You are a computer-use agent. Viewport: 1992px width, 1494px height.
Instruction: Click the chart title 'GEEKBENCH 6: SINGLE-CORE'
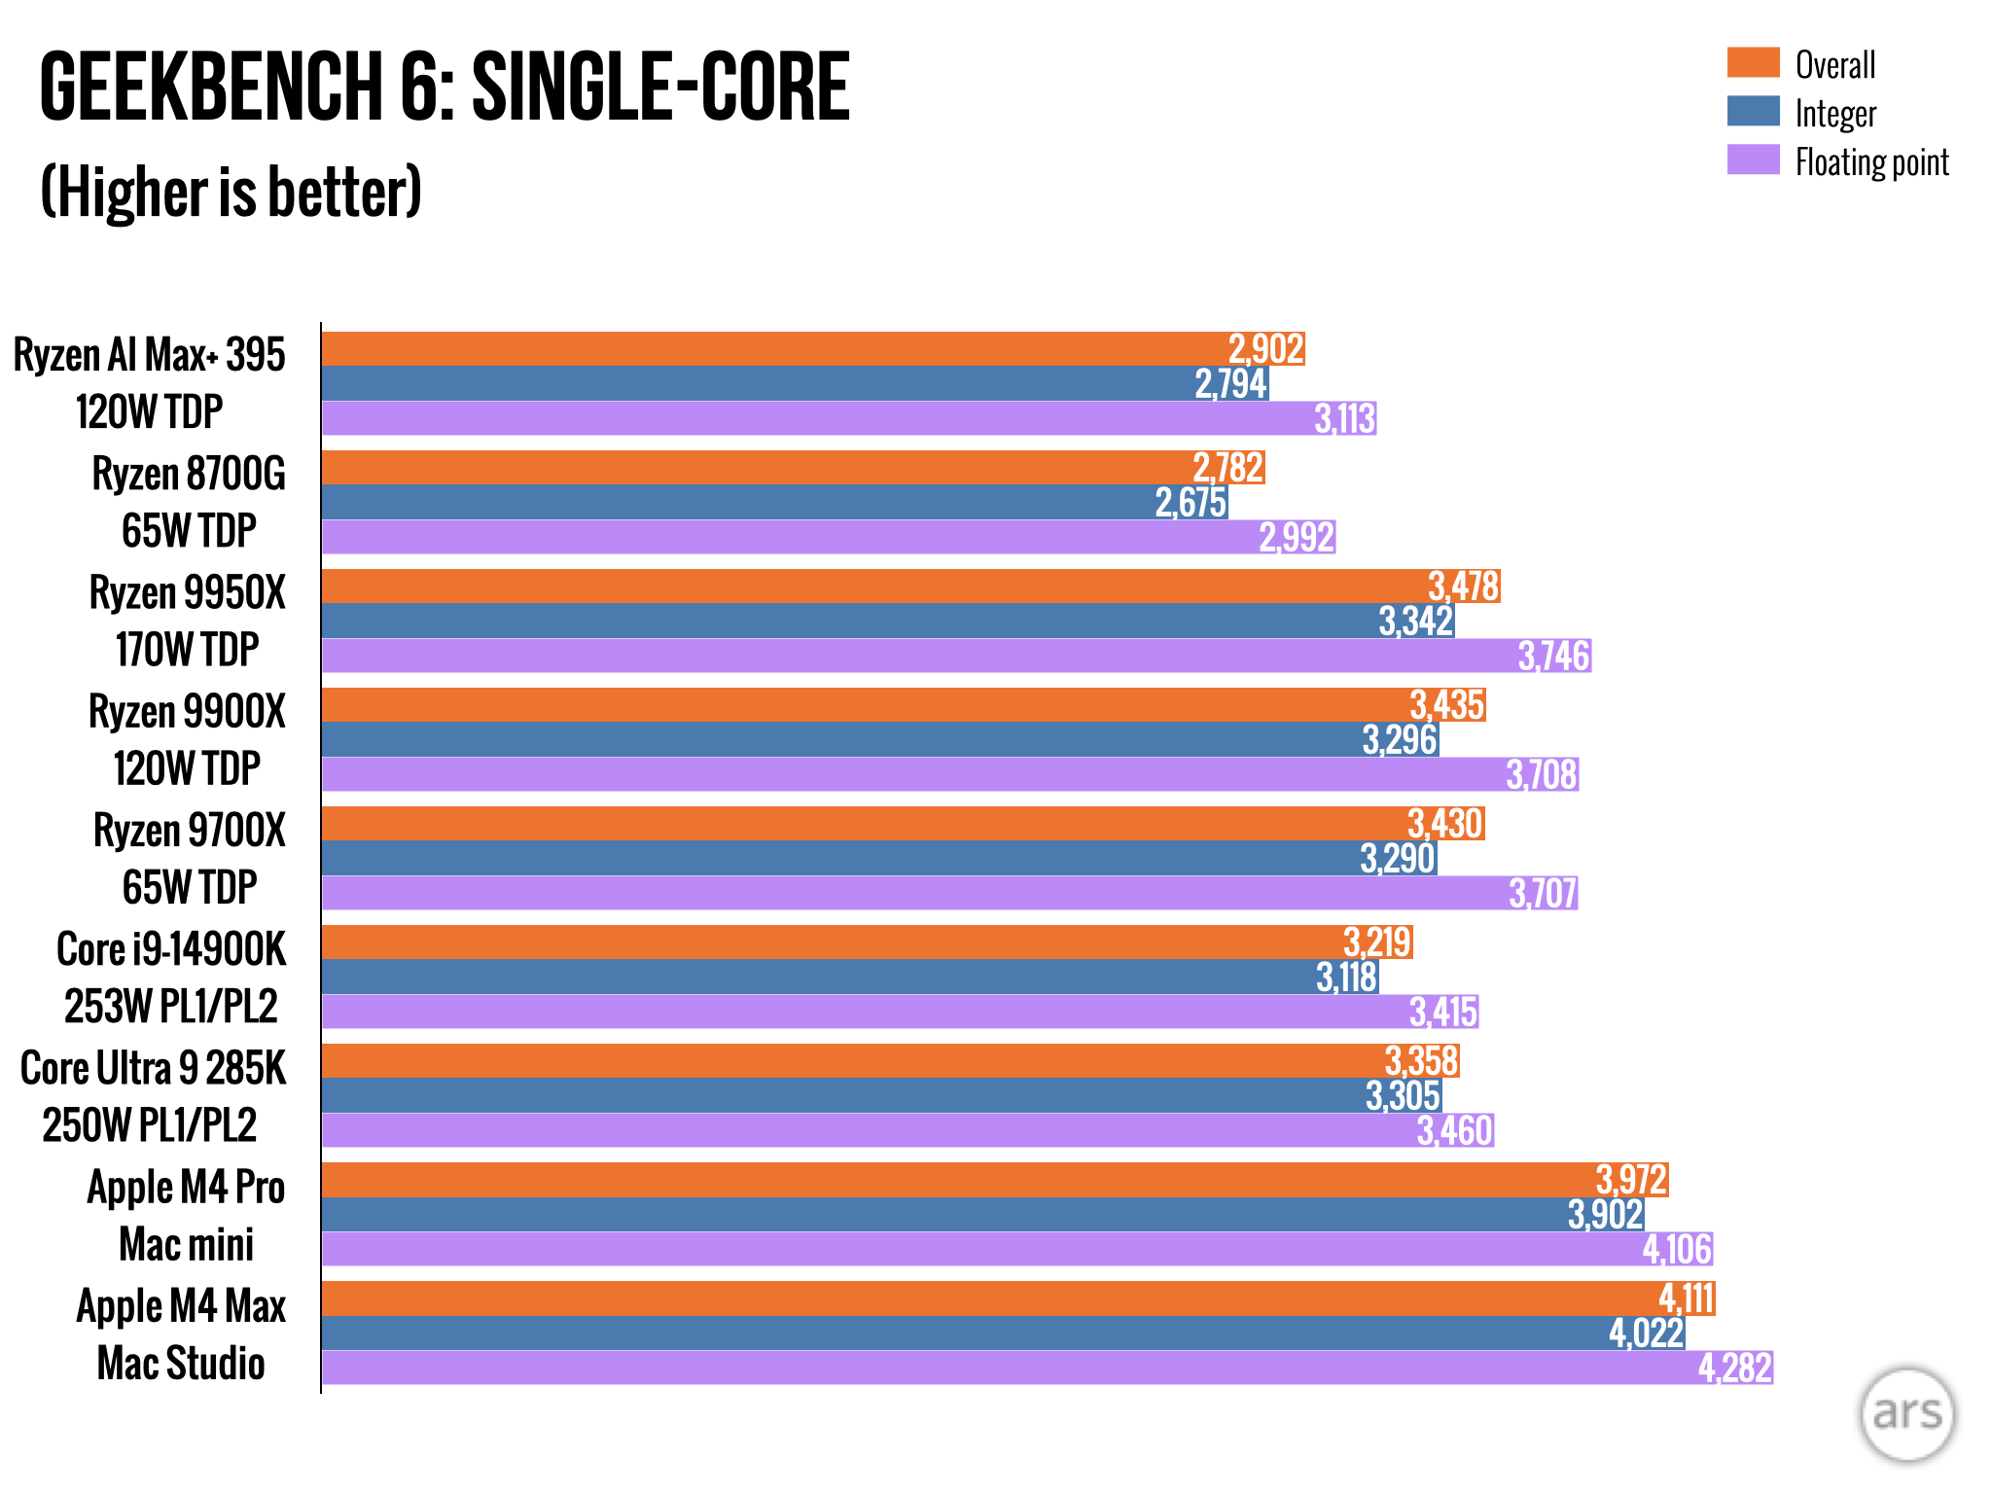[445, 88]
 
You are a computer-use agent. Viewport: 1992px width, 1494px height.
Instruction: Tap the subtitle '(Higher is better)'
[231, 192]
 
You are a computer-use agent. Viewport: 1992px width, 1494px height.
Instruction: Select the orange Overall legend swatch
[1753, 63]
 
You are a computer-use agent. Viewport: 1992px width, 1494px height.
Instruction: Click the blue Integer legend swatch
[1753, 112]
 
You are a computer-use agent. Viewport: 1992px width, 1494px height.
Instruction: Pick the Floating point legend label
[1871, 162]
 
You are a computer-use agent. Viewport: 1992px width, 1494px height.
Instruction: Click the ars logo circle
[1906, 1414]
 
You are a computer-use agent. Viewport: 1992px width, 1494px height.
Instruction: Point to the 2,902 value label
[1265, 348]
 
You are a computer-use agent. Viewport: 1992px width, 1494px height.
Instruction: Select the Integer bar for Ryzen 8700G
[739, 503]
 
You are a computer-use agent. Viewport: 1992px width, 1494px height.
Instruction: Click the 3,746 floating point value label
[1553, 657]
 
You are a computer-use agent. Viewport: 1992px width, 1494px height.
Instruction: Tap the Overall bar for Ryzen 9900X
[866, 705]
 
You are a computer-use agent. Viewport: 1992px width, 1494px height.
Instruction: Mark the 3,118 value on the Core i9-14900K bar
[1346, 978]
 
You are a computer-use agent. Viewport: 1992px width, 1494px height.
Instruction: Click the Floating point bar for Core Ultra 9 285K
[866, 1130]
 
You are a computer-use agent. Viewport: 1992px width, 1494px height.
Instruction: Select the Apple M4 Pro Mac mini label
[186, 1216]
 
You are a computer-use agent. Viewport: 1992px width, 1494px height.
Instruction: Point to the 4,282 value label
[1734, 1369]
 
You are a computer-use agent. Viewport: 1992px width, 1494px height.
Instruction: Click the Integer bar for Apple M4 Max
[963, 1334]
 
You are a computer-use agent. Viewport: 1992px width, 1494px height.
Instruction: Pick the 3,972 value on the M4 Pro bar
[1631, 1180]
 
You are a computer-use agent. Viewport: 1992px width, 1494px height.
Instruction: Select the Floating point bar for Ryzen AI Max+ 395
[817, 419]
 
